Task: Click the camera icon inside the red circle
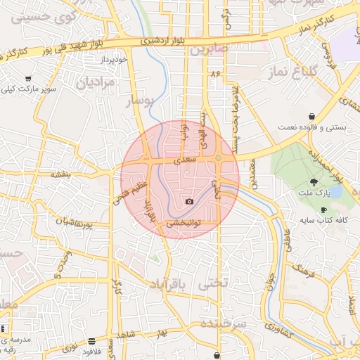[x=189, y=202]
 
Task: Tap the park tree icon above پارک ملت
[x=323, y=182]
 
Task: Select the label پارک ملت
[x=323, y=193]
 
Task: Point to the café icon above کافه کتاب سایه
[x=323, y=210]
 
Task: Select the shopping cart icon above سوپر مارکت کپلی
[x=27, y=79]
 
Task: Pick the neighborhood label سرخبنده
[x=224, y=323]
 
